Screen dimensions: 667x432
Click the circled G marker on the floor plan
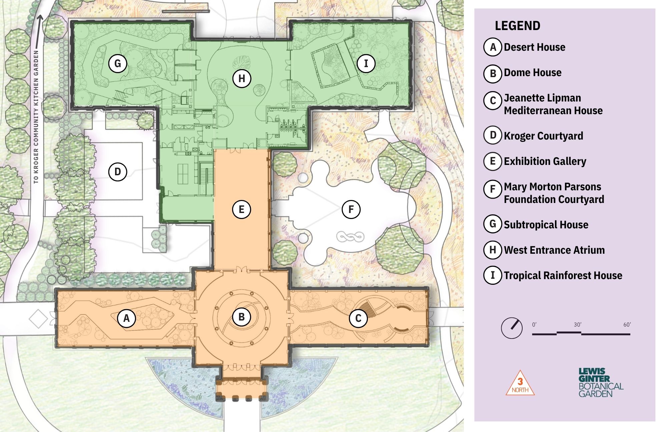point(118,63)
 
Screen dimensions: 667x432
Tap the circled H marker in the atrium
point(241,78)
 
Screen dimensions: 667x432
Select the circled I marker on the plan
point(366,63)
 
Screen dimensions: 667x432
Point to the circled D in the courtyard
point(118,172)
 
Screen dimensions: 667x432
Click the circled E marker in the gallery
point(241,209)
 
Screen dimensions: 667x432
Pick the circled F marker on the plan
point(351,209)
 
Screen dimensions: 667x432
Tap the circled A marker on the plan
point(126,318)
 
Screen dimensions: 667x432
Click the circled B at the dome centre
point(241,317)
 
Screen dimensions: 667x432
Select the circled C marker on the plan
point(358,318)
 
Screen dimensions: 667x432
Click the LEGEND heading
point(517,26)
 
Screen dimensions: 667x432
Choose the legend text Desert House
point(535,47)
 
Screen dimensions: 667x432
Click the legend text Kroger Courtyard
point(544,136)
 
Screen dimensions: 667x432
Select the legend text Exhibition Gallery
point(545,161)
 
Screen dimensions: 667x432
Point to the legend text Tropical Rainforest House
point(563,275)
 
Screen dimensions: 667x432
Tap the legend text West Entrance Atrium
point(554,250)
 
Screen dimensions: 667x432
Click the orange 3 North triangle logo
point(520,383)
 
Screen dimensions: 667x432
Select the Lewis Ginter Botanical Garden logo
point(601,383)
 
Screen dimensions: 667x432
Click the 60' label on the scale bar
point(627,325)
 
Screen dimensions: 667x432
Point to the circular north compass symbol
point(512,328)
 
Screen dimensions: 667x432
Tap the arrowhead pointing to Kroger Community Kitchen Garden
point(40,18)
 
